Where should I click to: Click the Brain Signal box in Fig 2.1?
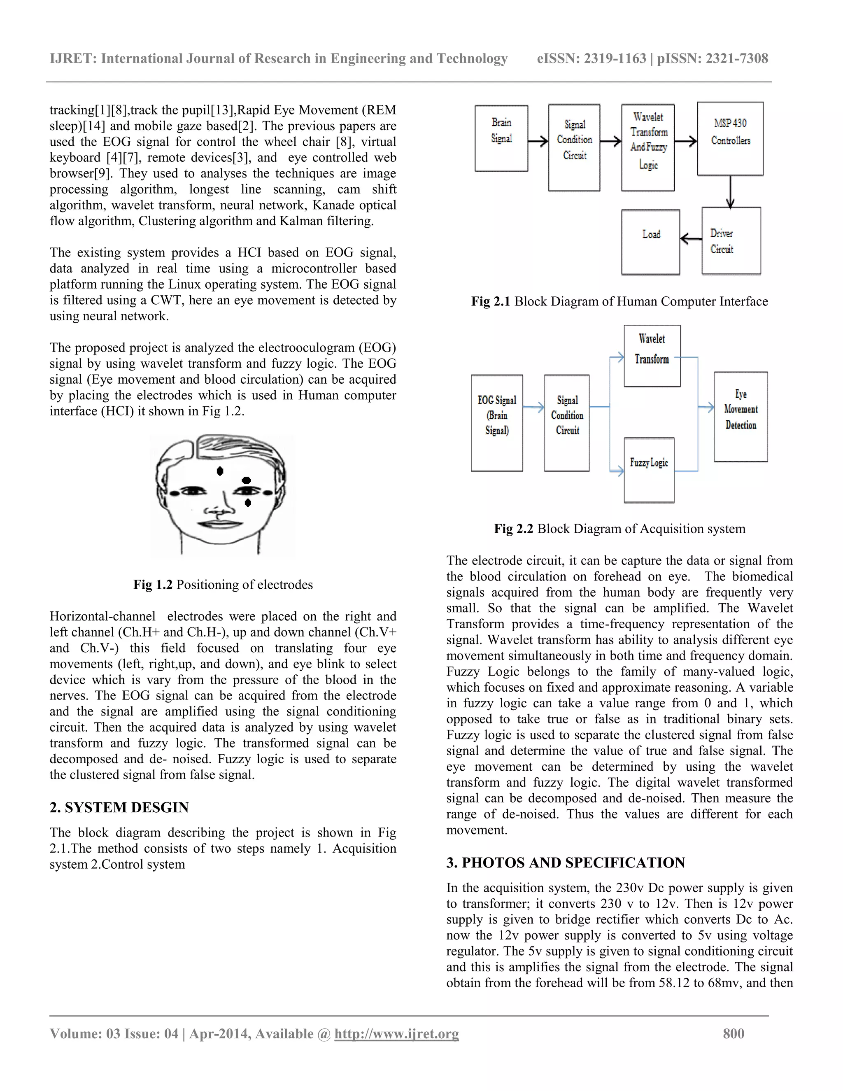click(501, 138)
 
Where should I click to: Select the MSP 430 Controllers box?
click(730, 138)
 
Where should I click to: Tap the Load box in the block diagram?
click(650, 242)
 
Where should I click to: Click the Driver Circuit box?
click(731, 241)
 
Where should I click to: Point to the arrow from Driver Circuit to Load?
click(691, 239)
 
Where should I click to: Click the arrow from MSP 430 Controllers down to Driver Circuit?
click(730, 192)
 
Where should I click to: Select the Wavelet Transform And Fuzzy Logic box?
click(648, 147)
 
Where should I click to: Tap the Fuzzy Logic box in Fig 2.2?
click(649, 470)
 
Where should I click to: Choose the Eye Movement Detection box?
click(740, 416)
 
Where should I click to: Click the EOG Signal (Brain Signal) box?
click(496, 423)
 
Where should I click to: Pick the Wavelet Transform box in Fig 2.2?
click(652, 356)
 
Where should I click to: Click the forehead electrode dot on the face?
click(220, 471)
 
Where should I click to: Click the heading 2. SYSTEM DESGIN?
click(119, 808)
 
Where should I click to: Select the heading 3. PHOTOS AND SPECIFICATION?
click(565, 863)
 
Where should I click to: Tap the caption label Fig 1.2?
click(152, 585)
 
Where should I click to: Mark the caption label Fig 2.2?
click(513, 529)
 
